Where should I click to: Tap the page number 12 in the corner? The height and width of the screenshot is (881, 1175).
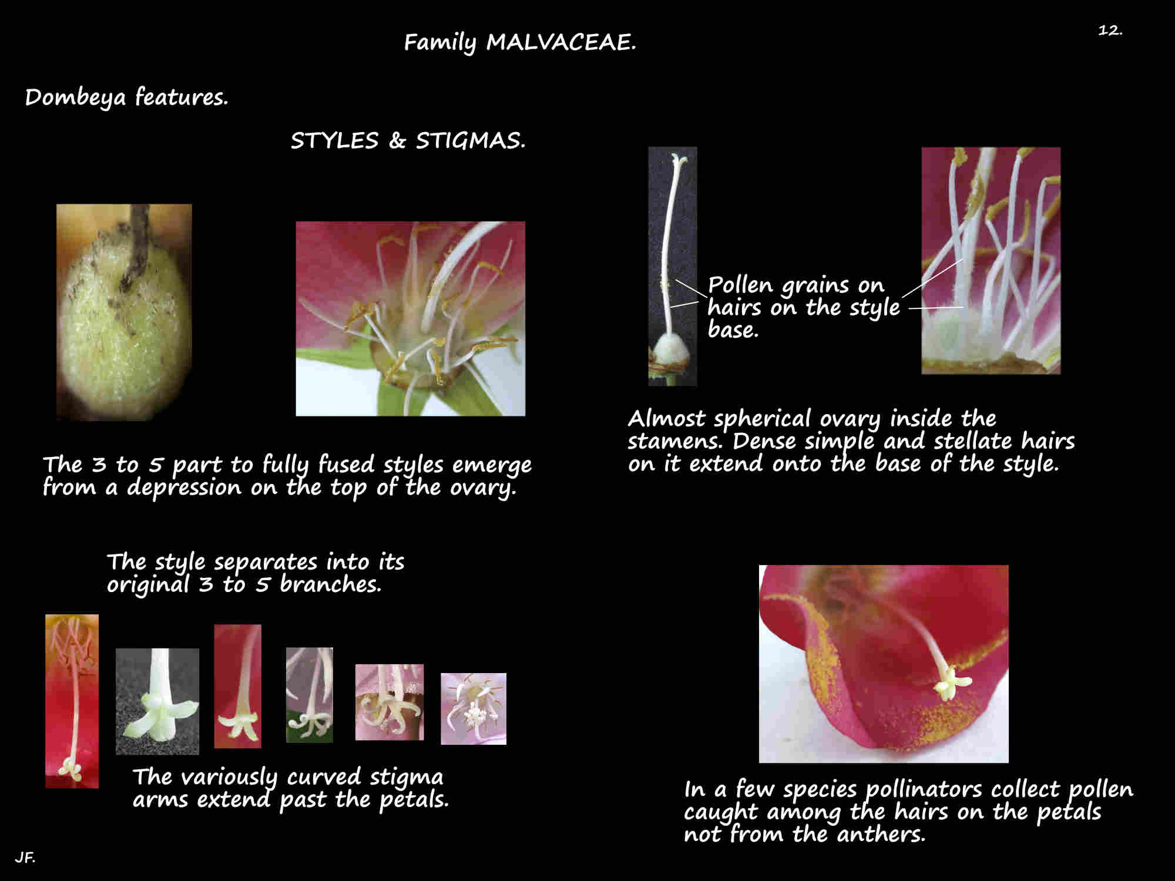1110,30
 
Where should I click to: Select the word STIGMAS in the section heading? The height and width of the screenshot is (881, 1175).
470,141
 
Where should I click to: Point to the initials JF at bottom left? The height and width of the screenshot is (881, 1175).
25,858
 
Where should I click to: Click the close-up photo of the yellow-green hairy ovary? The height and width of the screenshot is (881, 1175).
124,312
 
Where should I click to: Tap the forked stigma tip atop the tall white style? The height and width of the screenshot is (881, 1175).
679,159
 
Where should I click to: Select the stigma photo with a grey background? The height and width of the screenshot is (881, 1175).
157,701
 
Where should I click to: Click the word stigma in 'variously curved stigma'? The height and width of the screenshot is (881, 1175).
406,778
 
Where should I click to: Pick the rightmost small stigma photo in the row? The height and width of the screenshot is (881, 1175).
474,709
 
